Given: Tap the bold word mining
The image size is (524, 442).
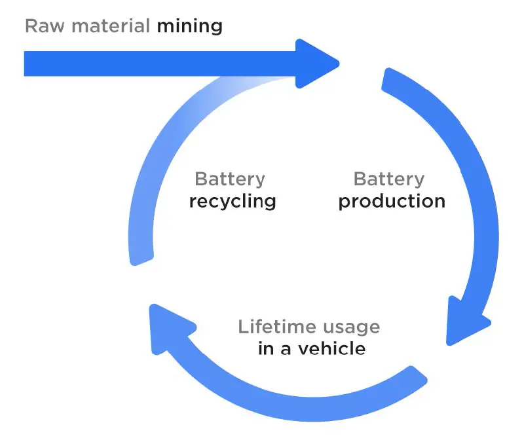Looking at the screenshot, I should point(189,27).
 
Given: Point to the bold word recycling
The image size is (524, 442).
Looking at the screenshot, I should point(232,201).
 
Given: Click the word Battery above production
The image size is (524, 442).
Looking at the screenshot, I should point(388,179).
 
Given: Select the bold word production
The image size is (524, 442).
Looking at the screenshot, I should point(391,201).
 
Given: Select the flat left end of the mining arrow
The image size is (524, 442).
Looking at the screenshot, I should point(26,64).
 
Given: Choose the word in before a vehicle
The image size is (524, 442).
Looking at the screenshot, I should point(265,348).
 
